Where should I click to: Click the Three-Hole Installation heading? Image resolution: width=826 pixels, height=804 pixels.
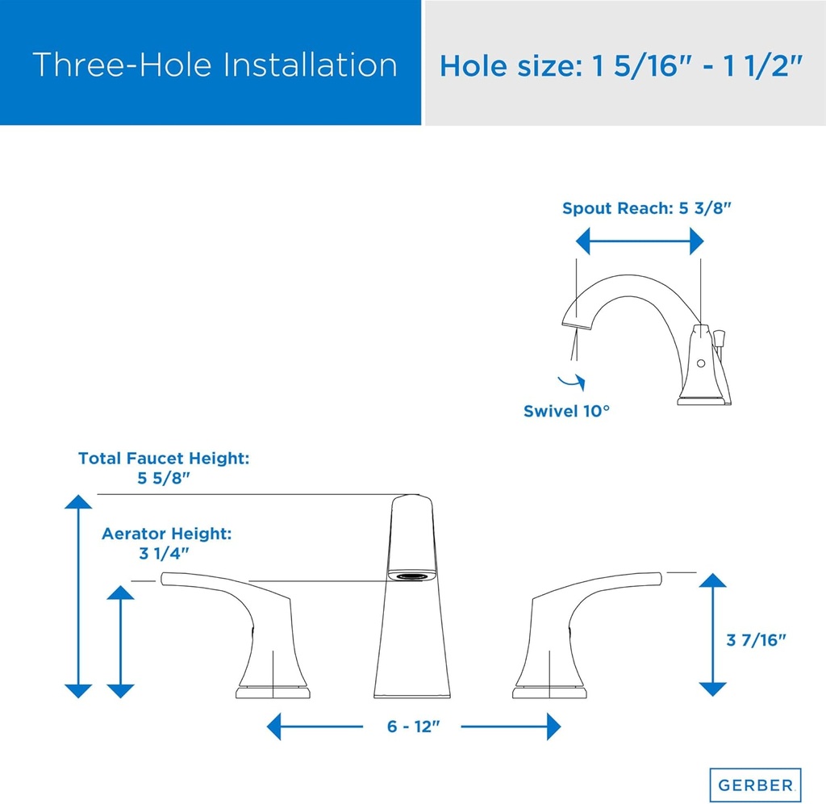pyautogui.click(x=215, y=65)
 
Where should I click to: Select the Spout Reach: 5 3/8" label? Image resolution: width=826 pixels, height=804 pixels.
pyautogui.click(x=647, y=207)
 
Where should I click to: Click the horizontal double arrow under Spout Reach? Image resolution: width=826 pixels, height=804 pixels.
pyautogui.click(x=640, y=241)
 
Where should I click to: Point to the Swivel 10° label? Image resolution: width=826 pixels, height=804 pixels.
pyautogui.click(x=566, y=411)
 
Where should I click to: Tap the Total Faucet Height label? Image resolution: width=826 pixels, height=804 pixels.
pyautogui.click(x=164, y=459)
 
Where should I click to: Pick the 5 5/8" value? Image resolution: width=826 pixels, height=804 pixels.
pyautogui.click(x=163, y=478)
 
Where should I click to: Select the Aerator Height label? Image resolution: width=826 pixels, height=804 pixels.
pyautogui.click(x=166, y=534)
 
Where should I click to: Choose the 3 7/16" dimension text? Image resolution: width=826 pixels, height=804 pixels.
pyautogui.click(x=757, y=640)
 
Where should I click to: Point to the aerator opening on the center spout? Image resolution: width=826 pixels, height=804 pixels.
pyautogui.click(x=411, y=576)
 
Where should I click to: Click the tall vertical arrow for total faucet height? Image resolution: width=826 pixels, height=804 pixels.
pyautogui.click(x=78, y=596)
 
